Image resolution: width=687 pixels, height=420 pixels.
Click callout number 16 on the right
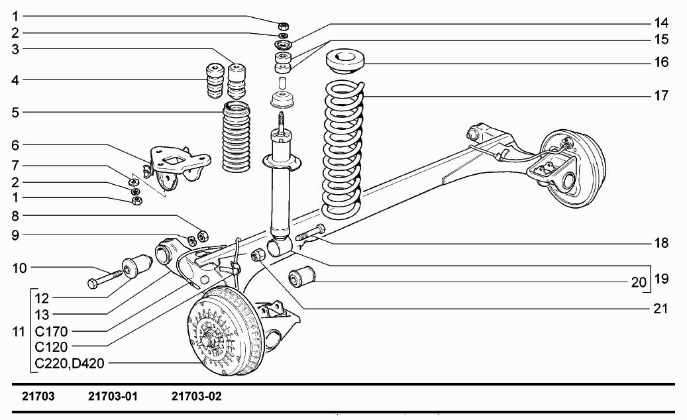pos(661,63)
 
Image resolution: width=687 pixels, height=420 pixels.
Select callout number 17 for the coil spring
pos(661,96)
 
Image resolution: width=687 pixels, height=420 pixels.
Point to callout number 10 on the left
pos(20,268)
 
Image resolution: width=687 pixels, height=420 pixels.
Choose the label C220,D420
pos(69,362)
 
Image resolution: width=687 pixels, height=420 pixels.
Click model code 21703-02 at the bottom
pos(196,397)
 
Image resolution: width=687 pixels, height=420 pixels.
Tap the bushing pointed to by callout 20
pos(301,280)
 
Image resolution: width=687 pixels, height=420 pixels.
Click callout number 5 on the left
pos(15,112)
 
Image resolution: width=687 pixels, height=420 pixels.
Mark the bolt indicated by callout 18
pos(310,233)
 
